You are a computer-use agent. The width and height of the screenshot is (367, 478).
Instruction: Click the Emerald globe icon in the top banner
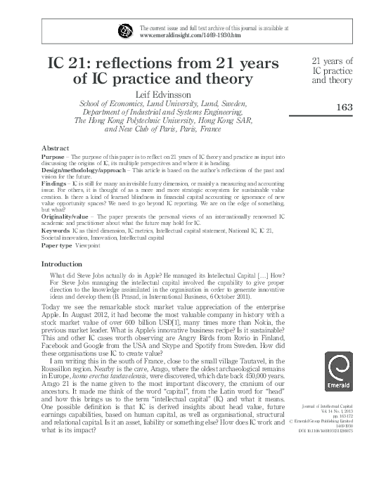coord(127,30)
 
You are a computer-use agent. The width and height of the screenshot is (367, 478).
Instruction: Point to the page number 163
coord(344,107)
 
